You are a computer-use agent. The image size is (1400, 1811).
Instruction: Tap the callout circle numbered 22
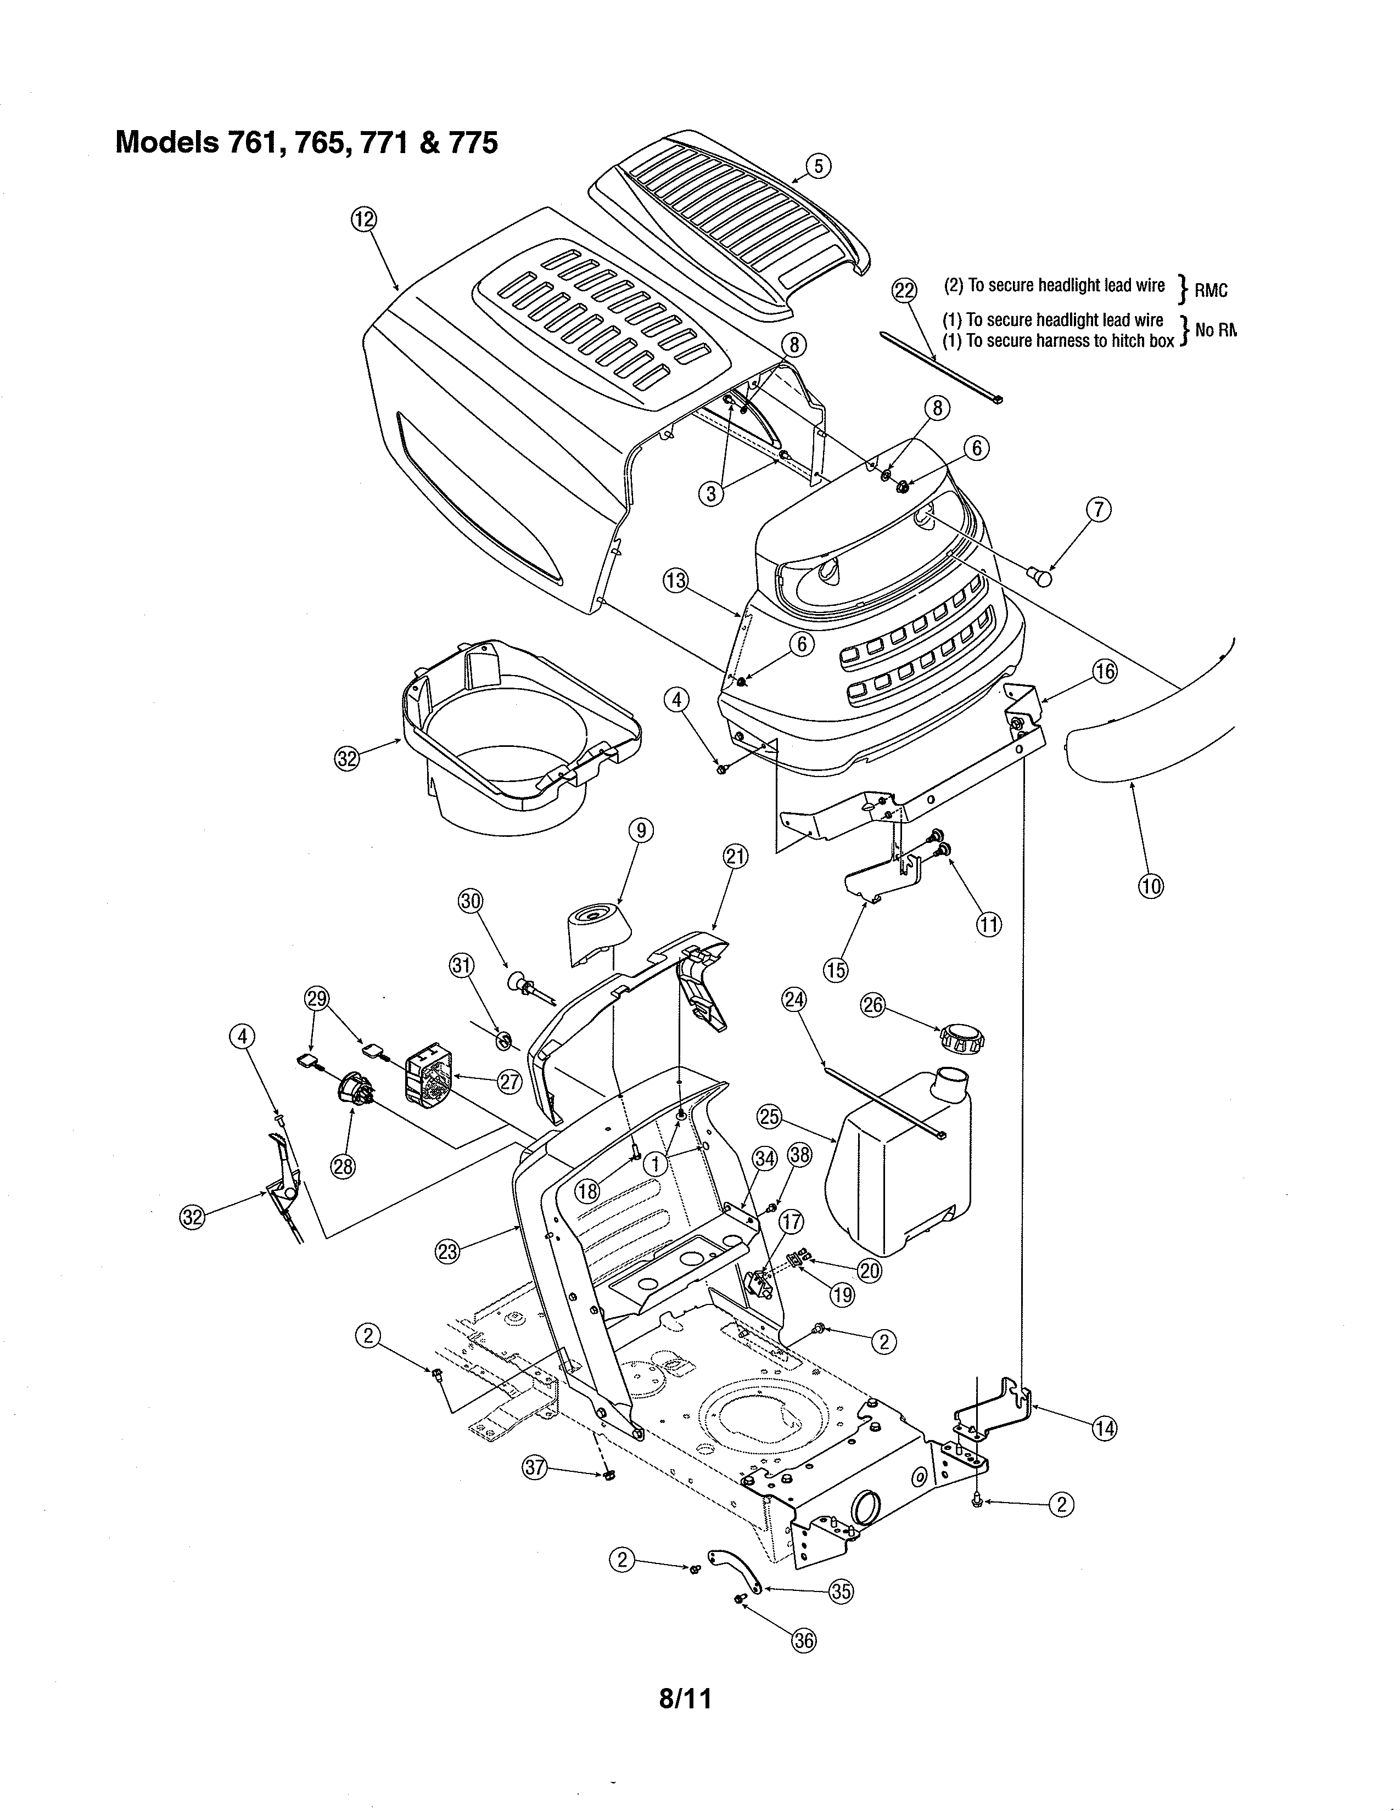905,290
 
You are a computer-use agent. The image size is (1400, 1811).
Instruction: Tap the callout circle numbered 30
471,901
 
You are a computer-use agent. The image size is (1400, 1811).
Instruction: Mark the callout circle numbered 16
1104,671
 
